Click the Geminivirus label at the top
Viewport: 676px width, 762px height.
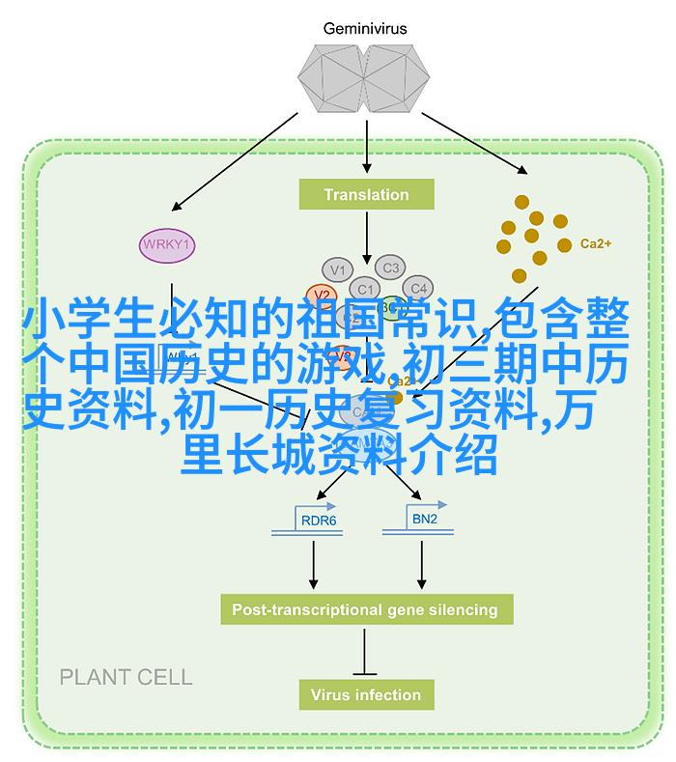tap(366, 29)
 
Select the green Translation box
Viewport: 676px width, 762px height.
tap(366, 194)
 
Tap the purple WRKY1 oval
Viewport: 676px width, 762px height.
tap(166, 244)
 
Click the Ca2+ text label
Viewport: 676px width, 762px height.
tap(595, 244)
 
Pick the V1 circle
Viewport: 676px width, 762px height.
tap(337, 269)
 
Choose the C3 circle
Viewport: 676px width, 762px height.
tap(390, 268)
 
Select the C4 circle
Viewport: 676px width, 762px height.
tap(417, 288)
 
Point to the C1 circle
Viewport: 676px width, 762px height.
tap(365, 288)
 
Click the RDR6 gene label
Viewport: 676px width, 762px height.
tap(319, 521)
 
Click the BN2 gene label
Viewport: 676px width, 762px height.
tap(425, 520)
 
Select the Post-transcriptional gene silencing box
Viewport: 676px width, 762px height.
tap(365, 609)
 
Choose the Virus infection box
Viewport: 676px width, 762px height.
tap(366, 694)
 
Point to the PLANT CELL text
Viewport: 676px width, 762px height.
tap(126, 677)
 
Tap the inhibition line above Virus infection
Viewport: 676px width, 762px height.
tap(365, 651)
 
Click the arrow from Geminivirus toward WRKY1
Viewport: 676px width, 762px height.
tap(237, 159)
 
